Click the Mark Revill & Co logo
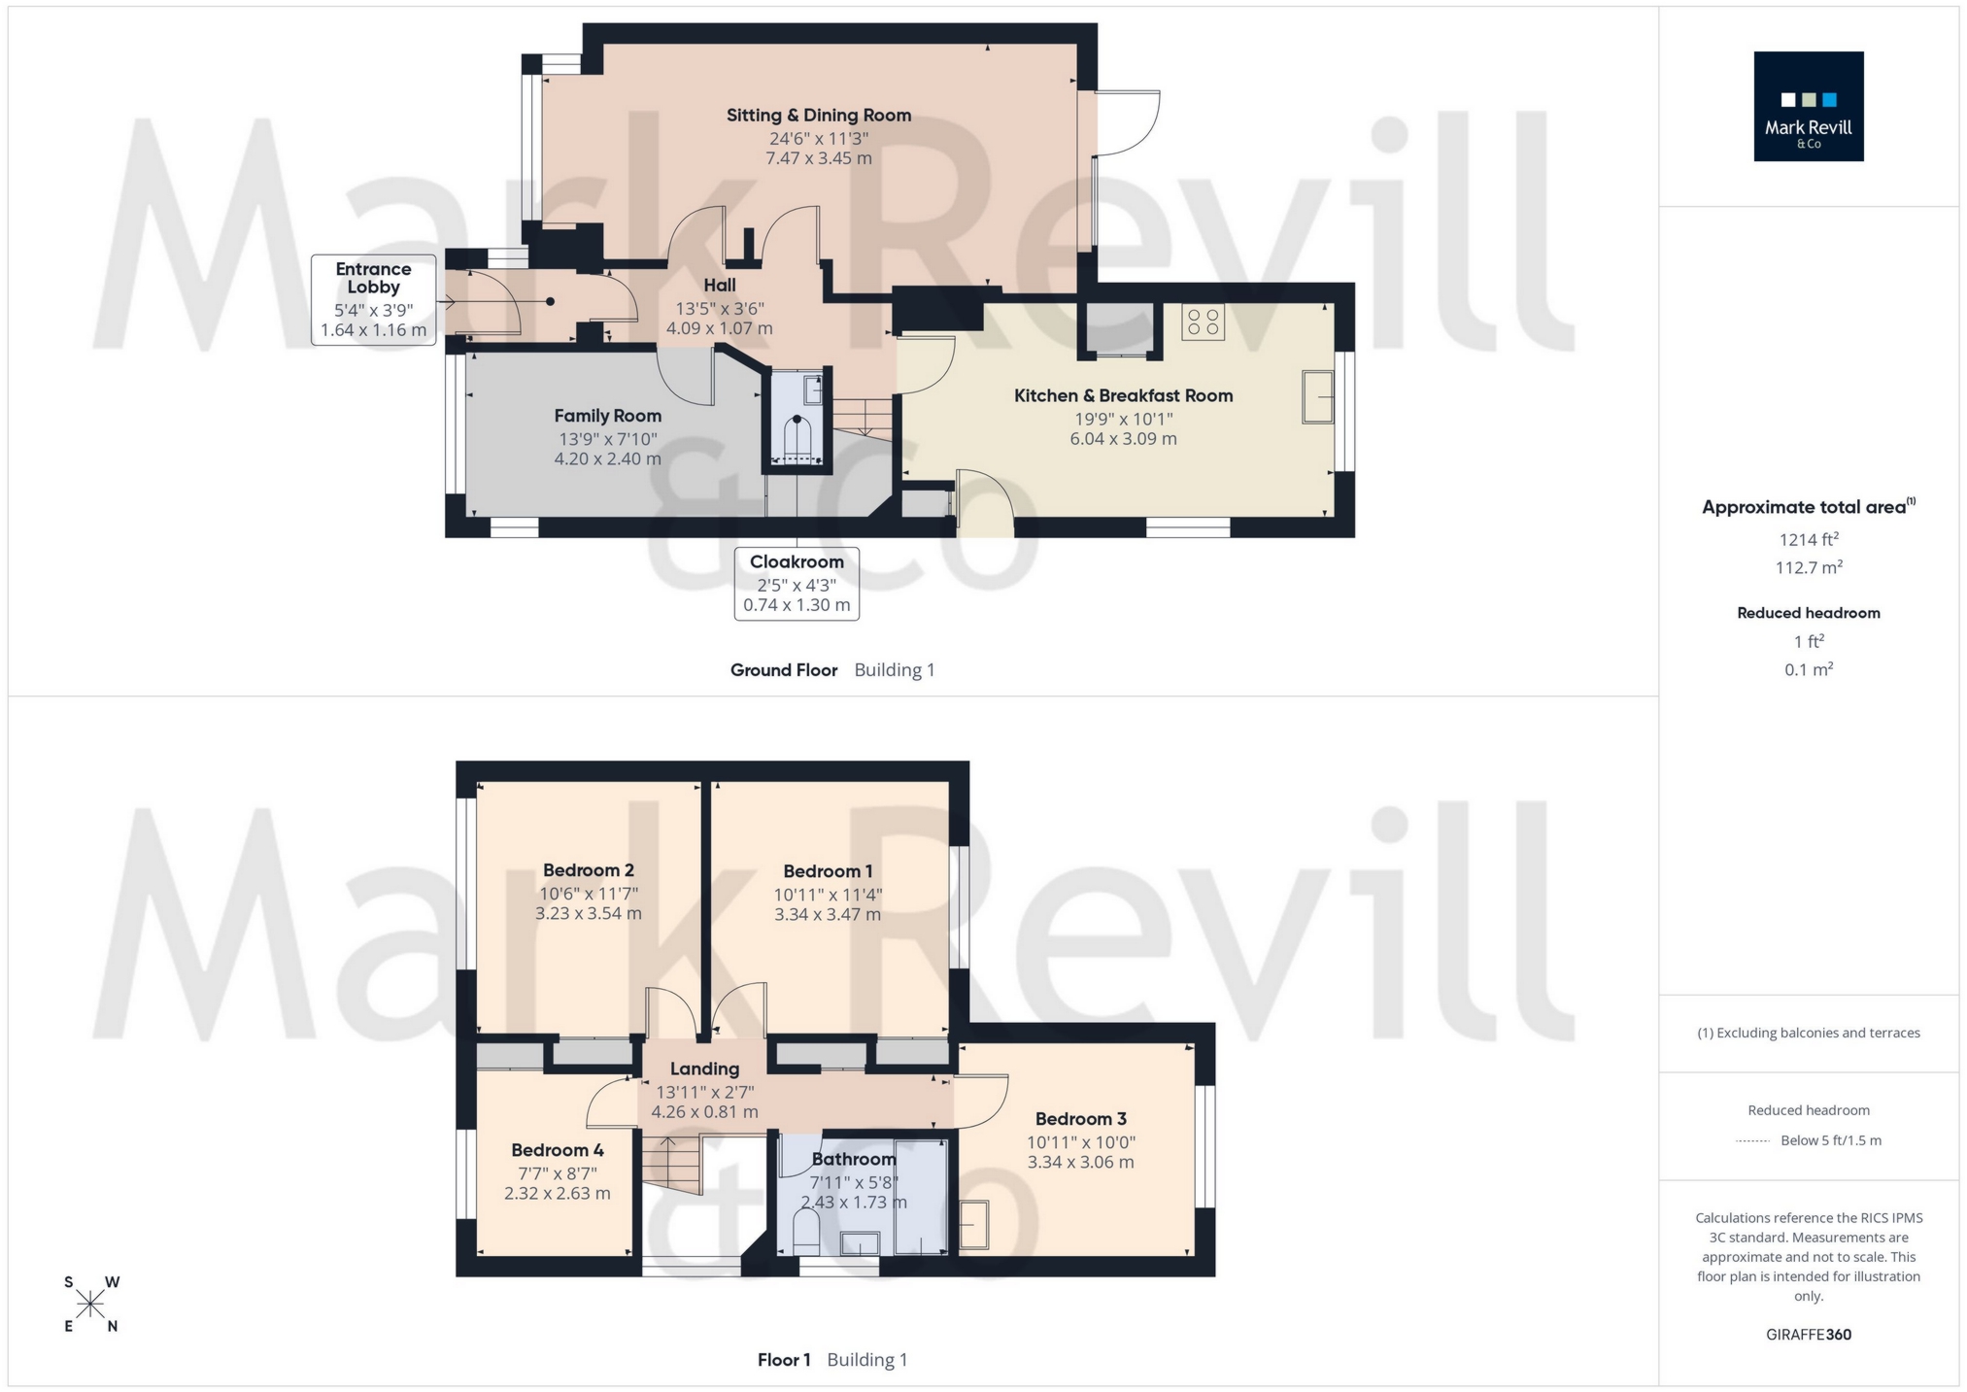tap(1808, 106)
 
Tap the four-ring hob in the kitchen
tap(1203, 322)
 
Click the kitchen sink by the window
tap(1317, 396)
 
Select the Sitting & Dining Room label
tap(818, 116)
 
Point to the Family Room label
tap(607, 416)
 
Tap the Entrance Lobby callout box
tap(373, 299)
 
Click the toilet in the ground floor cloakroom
tap(797, 439)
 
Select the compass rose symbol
tap(90, 1304)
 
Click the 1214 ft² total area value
tap(1808, 539)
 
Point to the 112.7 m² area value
tap(1808, 567)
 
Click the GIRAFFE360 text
tap(1808, 1334)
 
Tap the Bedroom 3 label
tap(1080, 1119)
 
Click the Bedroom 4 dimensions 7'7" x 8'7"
tap(557, 1173)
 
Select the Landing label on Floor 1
tap(704, 1069)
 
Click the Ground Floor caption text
tap(783, 669)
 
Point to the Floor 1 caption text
tap(783, 1359)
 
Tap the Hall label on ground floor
tap(719, 285)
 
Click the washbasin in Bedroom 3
tap(973, 1225)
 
